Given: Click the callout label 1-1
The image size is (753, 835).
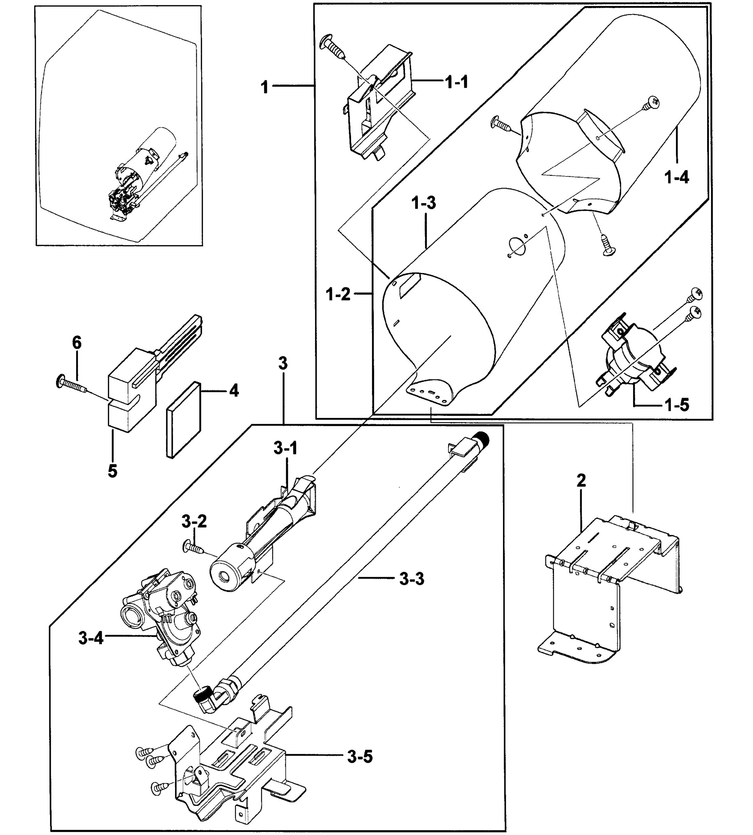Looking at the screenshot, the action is [x=457, y=82].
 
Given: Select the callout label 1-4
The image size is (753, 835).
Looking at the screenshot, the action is [x=677, y=177].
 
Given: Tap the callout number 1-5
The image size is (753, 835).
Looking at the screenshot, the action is [x=677, y=405].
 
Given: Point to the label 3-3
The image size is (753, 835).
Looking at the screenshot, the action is [x=412, y=579].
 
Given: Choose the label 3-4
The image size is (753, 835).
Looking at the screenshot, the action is [x=91, y=638].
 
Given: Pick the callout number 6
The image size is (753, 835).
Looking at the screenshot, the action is [x=77, y=343].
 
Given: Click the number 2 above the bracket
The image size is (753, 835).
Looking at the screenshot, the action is [x=581, y=480].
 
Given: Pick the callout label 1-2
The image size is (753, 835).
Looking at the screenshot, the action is [x=338, y=294].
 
